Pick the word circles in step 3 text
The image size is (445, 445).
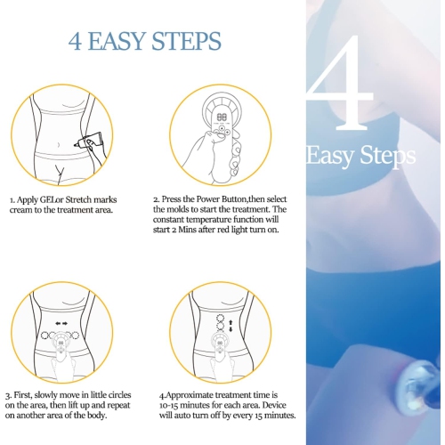[x=113, y=392]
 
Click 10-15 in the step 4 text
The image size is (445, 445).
[x=173, y=404]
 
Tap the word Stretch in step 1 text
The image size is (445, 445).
[x=94, y=199]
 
